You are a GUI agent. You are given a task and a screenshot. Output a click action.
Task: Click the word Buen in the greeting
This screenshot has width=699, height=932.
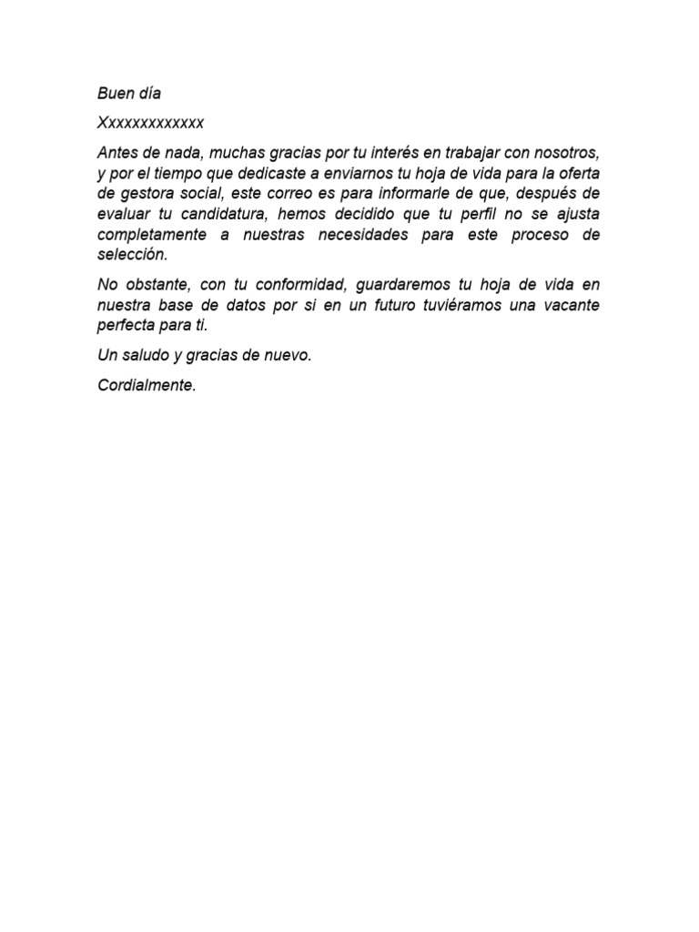[x=115, y=94]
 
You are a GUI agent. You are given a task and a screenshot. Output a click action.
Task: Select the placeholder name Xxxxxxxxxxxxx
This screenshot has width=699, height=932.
[x=151, y=122]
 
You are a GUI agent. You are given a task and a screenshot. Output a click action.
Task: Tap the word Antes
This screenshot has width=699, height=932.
[x=116, y=150]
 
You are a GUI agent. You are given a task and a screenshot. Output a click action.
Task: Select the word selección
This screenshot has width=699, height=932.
[x=133, y=255]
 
